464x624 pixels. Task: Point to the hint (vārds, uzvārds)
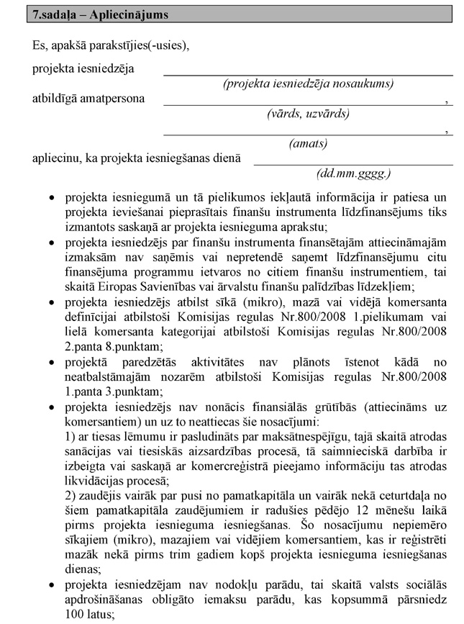308,113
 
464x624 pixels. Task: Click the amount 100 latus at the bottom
87,617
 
